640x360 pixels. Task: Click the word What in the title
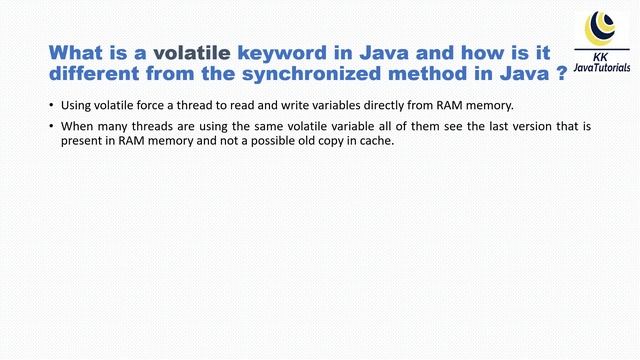[x=78, y=52]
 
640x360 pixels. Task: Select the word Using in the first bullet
[x=76, y=105]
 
